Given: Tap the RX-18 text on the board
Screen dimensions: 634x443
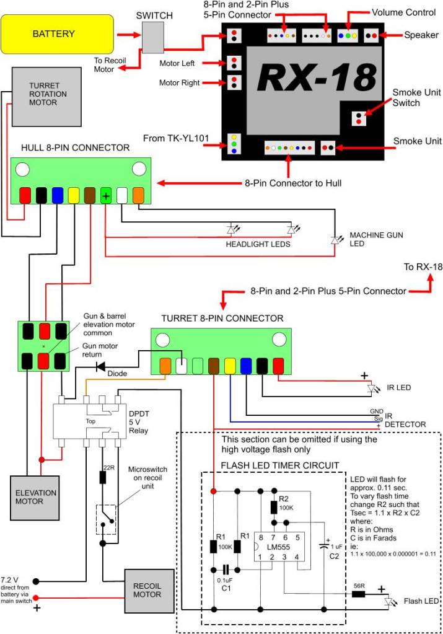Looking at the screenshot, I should click(316, 77).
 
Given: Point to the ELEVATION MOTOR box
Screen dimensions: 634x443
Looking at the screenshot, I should click(35, 497).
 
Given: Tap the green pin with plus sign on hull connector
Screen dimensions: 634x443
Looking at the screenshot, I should click(106, 195).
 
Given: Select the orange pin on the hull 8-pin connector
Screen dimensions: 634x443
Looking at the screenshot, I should click(138, 195).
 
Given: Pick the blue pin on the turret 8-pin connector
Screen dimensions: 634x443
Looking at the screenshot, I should click(246, 365).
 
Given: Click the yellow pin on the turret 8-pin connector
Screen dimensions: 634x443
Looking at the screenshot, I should click(230, 365).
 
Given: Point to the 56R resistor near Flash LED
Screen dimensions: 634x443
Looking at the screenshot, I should click(358, 594).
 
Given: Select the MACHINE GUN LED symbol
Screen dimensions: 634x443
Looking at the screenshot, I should click(335, 239).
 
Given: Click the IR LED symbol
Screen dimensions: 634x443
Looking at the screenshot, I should click(372, 389).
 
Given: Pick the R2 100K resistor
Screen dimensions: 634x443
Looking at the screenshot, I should click(274, 506).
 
